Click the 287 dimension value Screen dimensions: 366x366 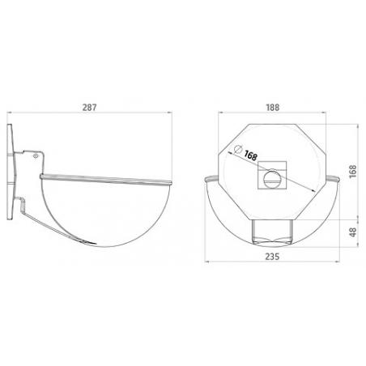[89, 108]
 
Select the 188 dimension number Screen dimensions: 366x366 [273, 108]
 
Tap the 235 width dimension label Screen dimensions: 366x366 [272, 257]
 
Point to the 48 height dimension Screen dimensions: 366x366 [353, 232]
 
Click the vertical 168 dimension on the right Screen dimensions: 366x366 [353, 172]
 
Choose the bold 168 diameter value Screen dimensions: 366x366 [251, 155]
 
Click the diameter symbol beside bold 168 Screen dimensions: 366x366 [238, 149]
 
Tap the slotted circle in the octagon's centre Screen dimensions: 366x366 [272, 179]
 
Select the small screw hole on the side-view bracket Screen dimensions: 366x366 [36, 155]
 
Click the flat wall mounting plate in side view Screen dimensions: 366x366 [11, 172]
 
